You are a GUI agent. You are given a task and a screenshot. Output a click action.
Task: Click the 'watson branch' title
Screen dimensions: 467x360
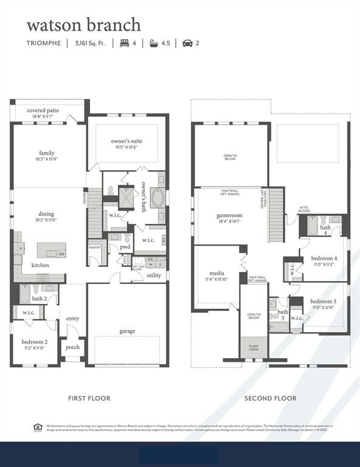coord(83,25)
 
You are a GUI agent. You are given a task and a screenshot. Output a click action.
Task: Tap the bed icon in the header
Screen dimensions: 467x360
coord(125,43)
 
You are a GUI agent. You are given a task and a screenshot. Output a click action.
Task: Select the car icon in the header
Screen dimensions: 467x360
coord(187,43)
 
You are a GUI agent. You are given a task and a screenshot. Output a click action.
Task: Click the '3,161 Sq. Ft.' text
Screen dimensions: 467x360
coord(90,43)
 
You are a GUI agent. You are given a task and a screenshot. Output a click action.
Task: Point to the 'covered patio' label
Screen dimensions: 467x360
coord(43,111)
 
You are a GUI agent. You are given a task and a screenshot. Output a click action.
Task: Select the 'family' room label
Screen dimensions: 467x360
coord(47,153)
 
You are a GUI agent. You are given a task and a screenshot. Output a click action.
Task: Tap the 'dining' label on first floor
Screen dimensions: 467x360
coord(47,213)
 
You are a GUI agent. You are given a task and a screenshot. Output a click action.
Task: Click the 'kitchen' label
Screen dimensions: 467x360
coord(41,265)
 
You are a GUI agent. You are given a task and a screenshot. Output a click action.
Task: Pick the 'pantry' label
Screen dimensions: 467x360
coord(94,247)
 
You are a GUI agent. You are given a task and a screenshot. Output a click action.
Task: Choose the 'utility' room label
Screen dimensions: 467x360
coord(154,275)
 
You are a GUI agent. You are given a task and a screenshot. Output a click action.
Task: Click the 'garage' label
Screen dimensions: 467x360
coord(127,331)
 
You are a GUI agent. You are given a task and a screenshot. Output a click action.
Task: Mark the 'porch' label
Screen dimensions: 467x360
coord(73,347)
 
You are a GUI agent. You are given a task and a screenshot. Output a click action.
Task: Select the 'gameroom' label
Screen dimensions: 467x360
coord(229,215)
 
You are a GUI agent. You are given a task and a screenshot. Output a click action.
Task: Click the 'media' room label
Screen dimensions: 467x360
coord(218,273)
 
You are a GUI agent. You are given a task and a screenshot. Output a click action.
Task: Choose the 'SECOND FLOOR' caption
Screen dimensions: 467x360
coord(271,398)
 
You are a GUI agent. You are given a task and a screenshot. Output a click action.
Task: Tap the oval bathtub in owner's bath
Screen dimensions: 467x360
coord(157,199)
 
